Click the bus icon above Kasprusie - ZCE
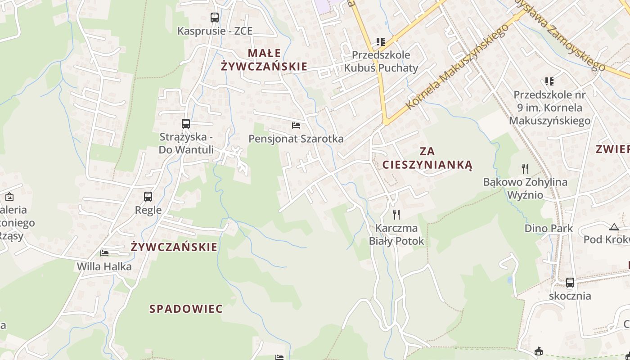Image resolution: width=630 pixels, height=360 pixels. pyautogui.click(x=215, y=18)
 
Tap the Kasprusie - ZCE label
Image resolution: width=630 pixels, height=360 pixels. pyautogui.click(x=215, y=31)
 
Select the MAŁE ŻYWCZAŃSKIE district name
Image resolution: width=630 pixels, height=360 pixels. pyautogui.click(x=264, y=60)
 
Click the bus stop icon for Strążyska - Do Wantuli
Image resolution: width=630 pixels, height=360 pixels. pyautogui.click(x=185, y=123)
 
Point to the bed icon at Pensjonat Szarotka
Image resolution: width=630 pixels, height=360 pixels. pyautogui.click(x=296, y=125)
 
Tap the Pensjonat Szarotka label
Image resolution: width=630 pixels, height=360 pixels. pyautogui.click(x=296, y=139)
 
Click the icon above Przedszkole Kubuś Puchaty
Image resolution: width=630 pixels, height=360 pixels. pyautogui.click(x=381, y=42)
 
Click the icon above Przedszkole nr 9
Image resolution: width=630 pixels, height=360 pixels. pyautogui.click(x=549, y=81)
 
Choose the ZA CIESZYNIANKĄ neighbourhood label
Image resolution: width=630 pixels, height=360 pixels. pyautogui.click(x=427, y=158)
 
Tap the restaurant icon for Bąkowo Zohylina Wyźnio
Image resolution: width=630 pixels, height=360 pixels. pyautogui.click(x=525, y=169)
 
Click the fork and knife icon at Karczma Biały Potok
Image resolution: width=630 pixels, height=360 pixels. pyautogui.click(x=396, y=214)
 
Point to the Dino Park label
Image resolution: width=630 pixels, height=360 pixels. pyautogui.click(x=549, y=228)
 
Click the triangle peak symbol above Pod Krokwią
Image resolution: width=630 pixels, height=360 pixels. pyautogui.click(x=614, y=227)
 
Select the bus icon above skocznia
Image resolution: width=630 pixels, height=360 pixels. pyautogui.click(x=570, y=283)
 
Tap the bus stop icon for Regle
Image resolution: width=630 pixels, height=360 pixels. pyautogui.click(x=148, y=197)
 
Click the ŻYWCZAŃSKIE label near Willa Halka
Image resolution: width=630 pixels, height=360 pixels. pyautogui.click(x=174, y=247)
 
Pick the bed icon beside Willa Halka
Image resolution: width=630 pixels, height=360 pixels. pyautogui.click(x=104, y=253)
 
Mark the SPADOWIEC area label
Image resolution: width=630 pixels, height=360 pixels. pyautogui.click(x=186, y=309)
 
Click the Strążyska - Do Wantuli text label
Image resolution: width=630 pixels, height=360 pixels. pyautogui.click(x=186, y=143)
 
